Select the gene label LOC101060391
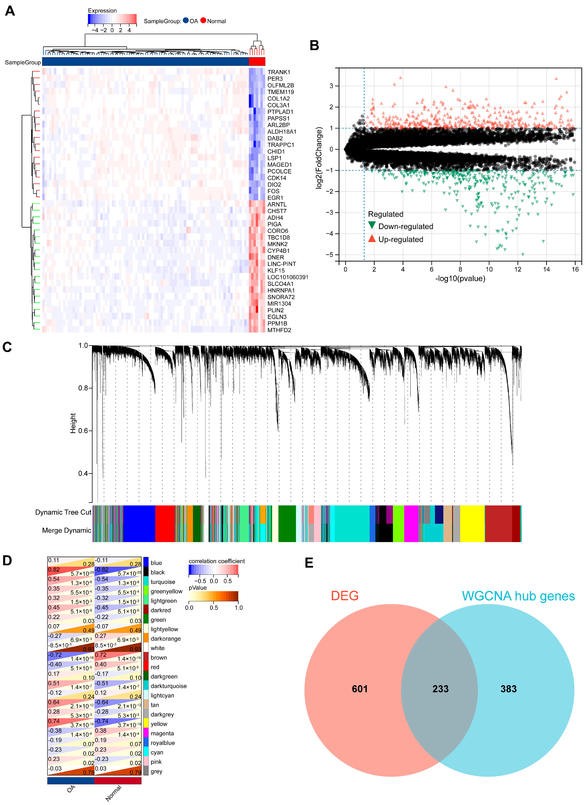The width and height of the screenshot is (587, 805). (288, 277)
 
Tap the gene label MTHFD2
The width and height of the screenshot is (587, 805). (279, 330)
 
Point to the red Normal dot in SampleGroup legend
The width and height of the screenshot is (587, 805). (203, 21)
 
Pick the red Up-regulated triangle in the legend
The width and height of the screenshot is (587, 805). (372, 238)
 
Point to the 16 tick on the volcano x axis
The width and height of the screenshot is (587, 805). (575, 269)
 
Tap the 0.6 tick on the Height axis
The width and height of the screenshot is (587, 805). (83, 431)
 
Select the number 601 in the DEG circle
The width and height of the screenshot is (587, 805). (360, 689)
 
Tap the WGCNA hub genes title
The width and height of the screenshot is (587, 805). (518, 596)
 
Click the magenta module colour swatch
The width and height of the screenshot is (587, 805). (146, 733)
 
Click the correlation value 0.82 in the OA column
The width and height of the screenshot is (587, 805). (54, 570)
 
